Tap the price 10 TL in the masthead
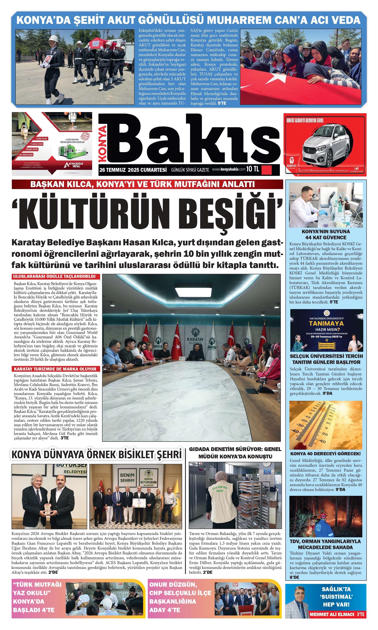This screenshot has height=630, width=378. tap(253, 169)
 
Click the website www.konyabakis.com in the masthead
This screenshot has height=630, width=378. tap(228, 169)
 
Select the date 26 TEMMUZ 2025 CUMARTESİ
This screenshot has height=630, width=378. tap(133, 170)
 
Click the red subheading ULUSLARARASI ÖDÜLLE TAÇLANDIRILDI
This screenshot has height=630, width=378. tap(54, 277)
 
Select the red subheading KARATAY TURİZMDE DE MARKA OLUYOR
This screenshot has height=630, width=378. tap(55, 369)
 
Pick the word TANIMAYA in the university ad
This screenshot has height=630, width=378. tap(326, 324)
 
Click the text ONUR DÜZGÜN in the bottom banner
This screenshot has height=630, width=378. tap(173, 584)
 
